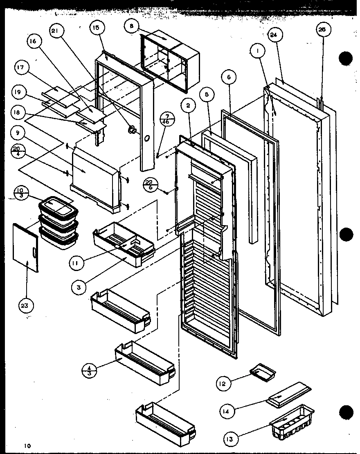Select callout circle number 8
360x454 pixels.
(x=132, y=26)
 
